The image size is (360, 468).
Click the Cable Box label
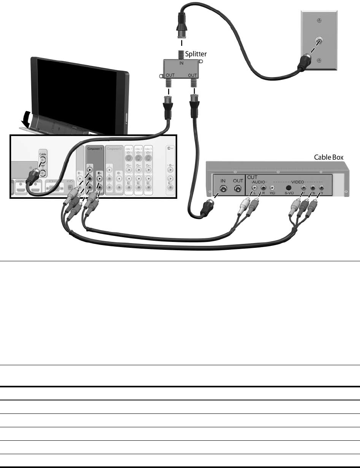[326, 157]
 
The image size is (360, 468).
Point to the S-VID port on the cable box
[289, 187]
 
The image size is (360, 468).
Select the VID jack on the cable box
[272, 188]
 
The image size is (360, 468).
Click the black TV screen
[77, 91]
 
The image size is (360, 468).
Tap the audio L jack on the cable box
[255, 188]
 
